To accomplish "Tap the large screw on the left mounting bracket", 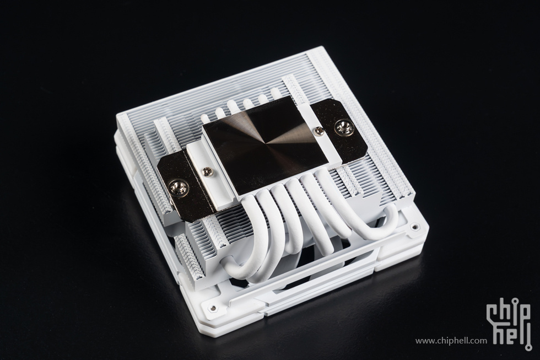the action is pyautogui.click(x=179, y=189).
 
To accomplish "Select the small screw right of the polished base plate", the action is pyautogui.click(x=320, y=130).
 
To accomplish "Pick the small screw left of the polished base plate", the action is pyautogui.click(x=207, y=170).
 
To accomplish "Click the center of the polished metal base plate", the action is pyautogui.click(x=265, y=144).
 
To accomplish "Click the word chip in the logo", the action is pyautogui.click(x=508, y=312).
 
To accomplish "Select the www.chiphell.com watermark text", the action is pyautogui.click(x=451, y=341).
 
